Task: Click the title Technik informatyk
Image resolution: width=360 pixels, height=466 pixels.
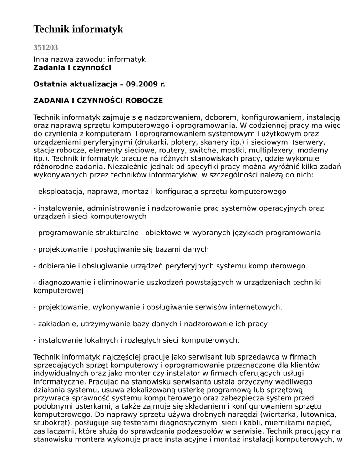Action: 78,30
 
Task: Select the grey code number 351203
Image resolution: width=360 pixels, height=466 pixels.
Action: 46,47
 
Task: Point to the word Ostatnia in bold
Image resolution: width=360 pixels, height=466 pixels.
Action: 50,84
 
